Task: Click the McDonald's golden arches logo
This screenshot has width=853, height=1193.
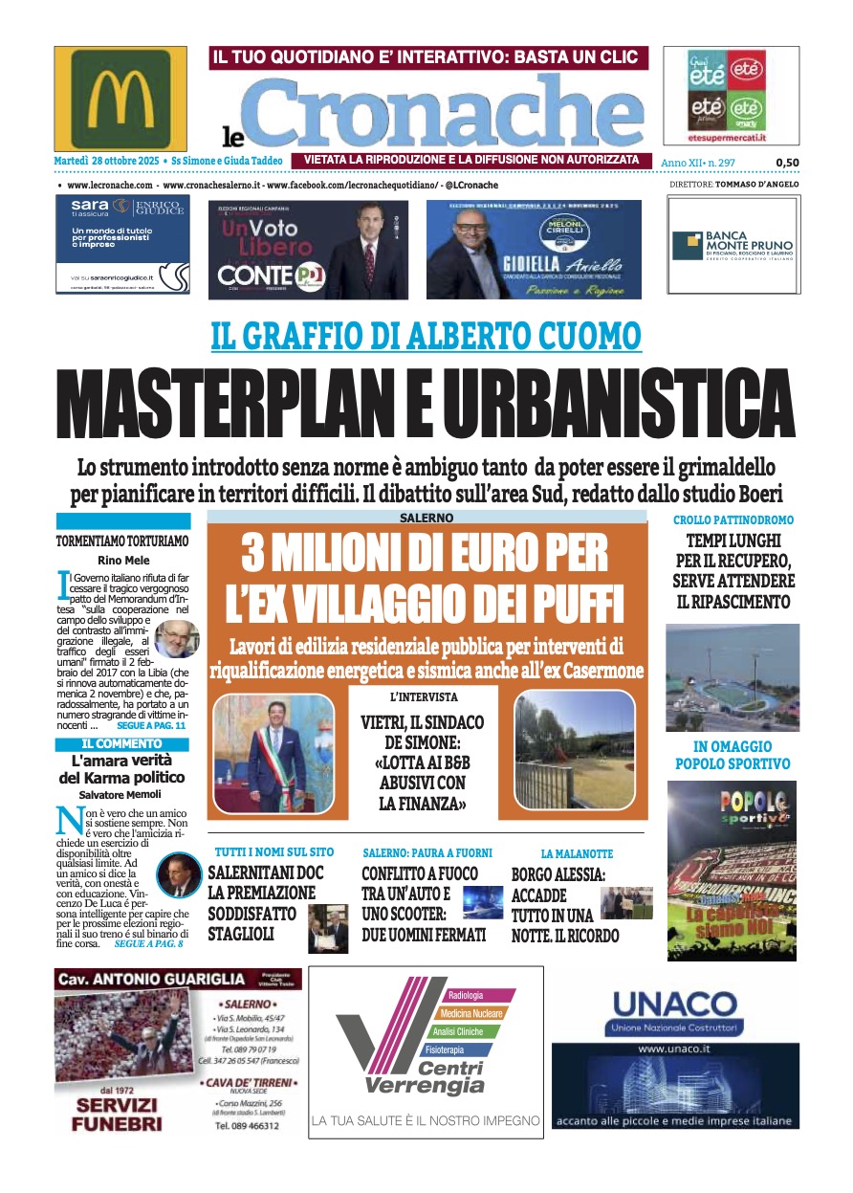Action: (120, 99)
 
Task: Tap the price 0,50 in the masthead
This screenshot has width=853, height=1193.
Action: (787, 163)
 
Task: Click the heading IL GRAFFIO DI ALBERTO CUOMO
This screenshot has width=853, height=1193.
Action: (426, 336)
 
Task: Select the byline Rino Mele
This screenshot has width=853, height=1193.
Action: (121, 560)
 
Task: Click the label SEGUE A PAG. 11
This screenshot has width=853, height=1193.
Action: (151, 727)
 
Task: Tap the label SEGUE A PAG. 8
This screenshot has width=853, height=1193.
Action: (148, 943)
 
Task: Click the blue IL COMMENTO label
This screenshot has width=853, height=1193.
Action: (121, 743)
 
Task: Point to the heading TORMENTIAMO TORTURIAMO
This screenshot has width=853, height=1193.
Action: (121, 541)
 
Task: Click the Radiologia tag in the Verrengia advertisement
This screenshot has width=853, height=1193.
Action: (466, 996)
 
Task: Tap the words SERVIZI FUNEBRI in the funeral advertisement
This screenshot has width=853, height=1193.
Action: (116, 1115)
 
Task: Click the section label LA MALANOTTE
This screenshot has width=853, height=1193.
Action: (577, 852)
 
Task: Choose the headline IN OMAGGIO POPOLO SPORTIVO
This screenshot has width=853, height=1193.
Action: (733, 755)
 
